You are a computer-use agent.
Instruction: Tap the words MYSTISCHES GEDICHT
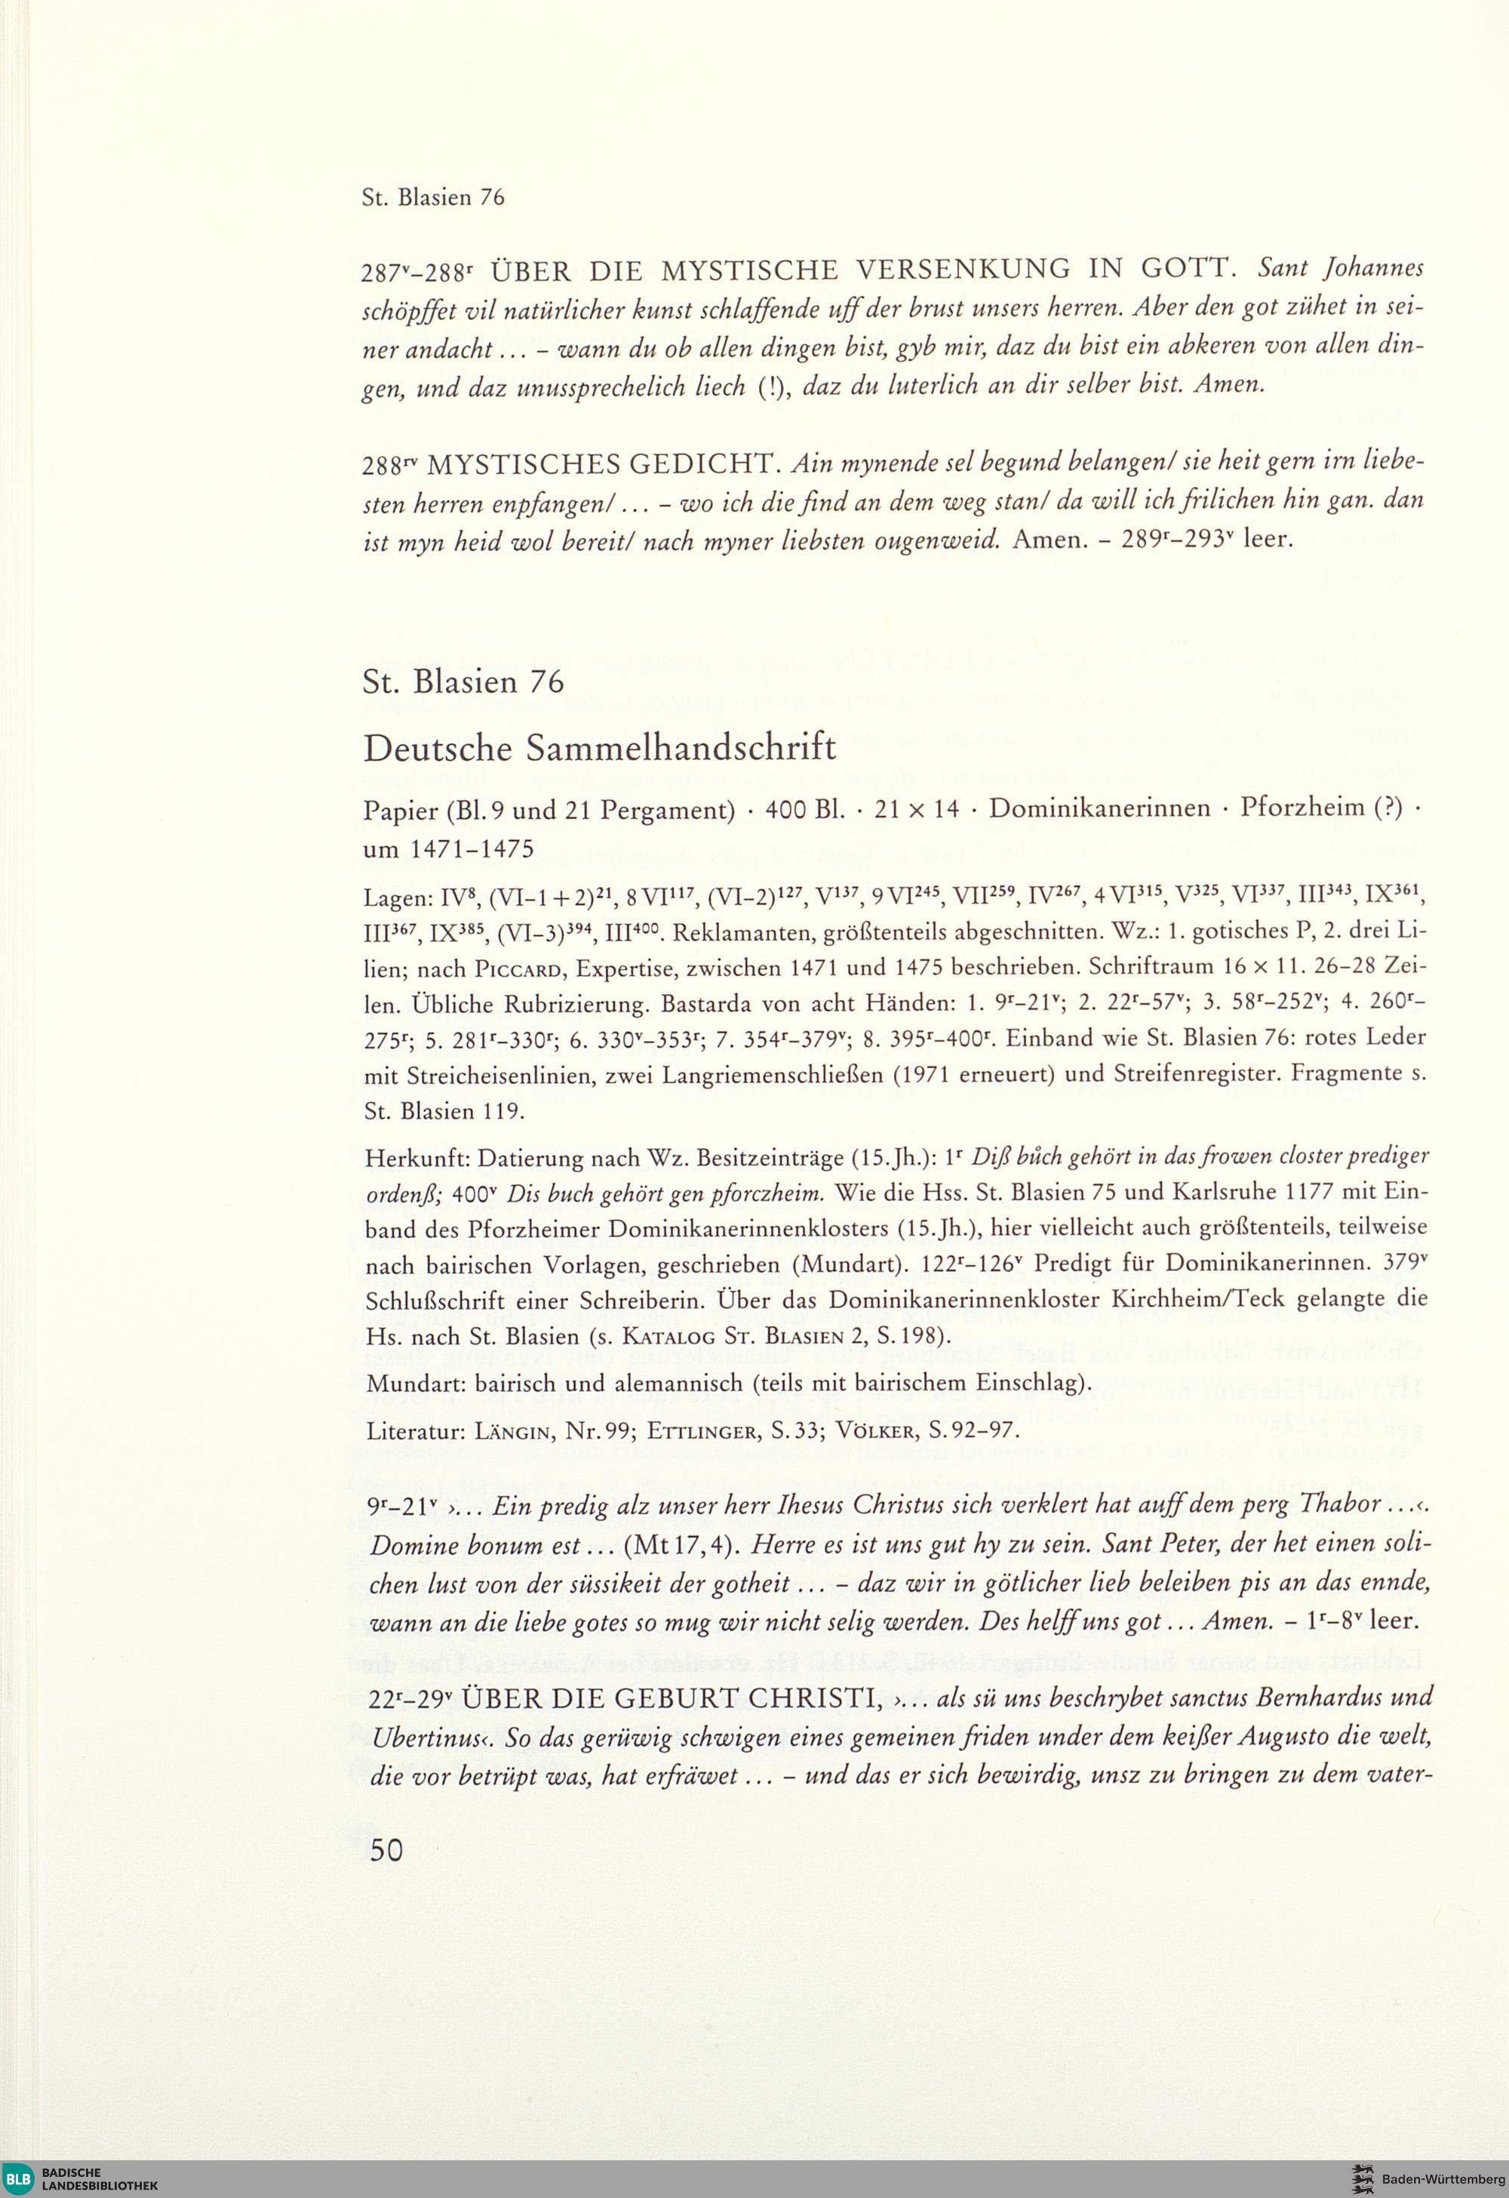pyautogui.click(x=603, y=465)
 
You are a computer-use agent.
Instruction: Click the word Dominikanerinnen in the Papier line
pyautogui.click(x=1099, y=808)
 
